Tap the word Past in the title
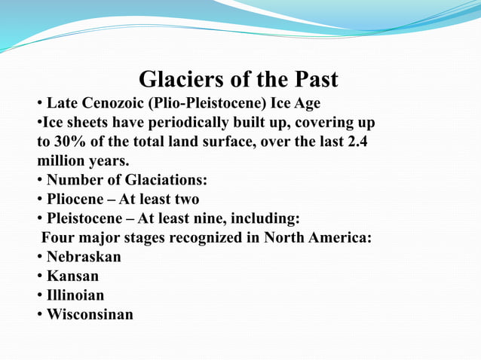click(312, 80)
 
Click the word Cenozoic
click(110, 103)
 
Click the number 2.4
click(355, 142)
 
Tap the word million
click(63, 160)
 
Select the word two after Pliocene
click(184, 200)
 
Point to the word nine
click(213, 219)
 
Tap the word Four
click(59, 238)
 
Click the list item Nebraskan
click(84, 257)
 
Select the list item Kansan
click(72, 276)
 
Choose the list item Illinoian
click(75, 295)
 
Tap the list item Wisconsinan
click(90, 314)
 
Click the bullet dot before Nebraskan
click(39, 258)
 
